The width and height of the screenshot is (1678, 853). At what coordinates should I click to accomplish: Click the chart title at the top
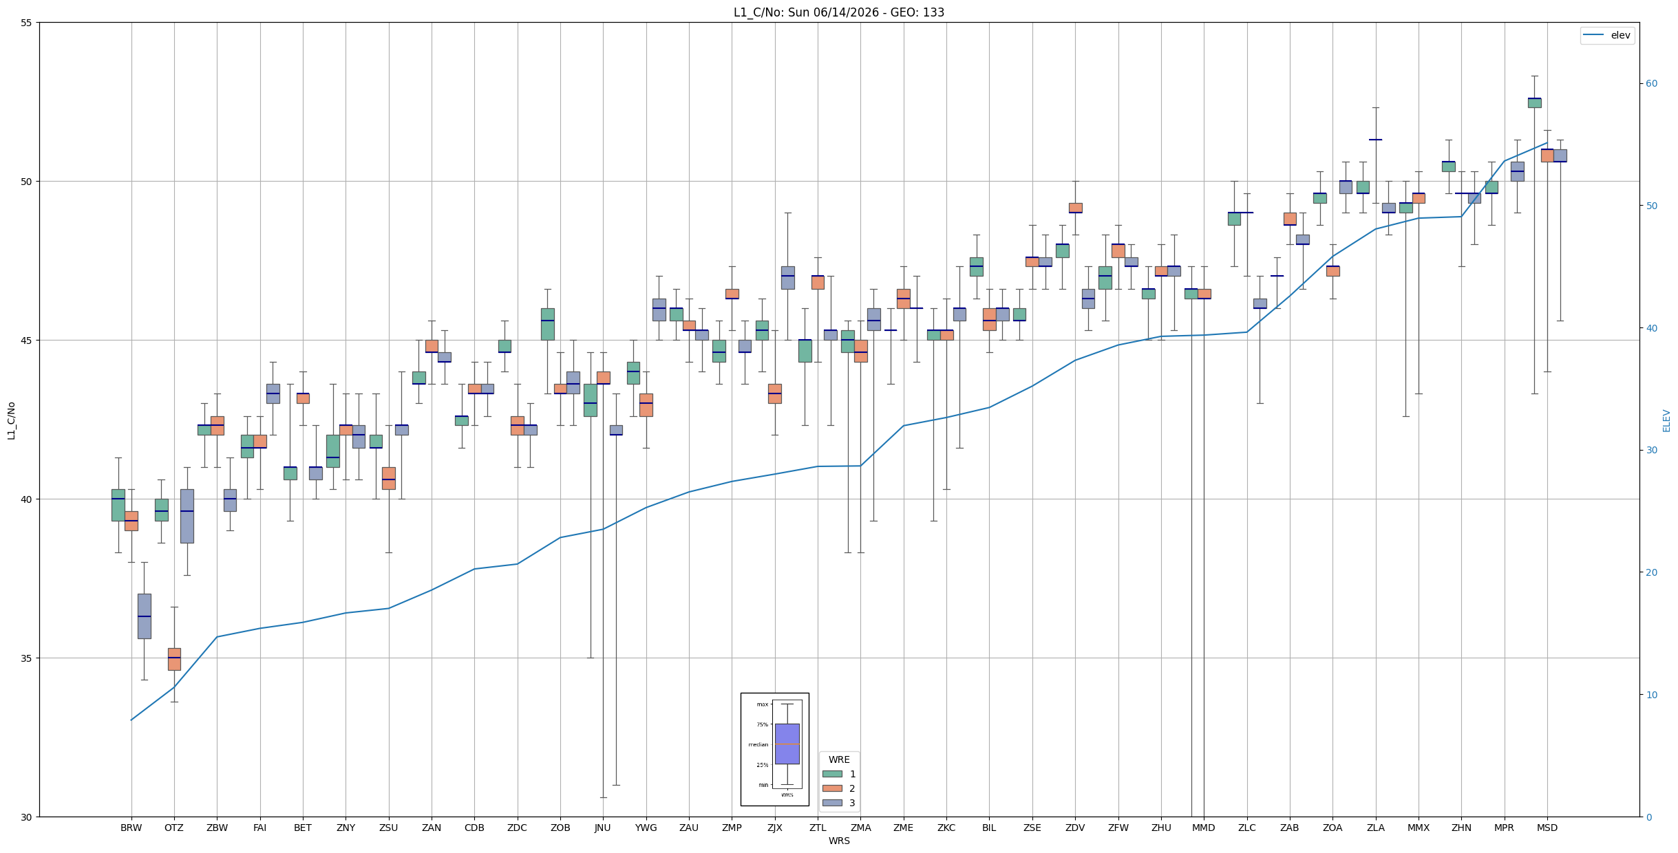(838, 12)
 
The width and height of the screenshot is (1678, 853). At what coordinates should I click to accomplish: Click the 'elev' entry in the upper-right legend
(1620, 35)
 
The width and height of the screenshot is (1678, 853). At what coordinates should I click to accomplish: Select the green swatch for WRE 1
(832, 774)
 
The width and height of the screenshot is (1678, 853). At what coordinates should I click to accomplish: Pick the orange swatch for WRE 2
(832, 788)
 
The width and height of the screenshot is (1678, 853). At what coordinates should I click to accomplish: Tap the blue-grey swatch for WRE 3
(832, 803)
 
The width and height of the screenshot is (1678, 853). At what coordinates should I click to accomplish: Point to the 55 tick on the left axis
(27, 23)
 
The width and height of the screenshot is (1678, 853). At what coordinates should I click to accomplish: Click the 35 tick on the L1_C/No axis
(27, 658)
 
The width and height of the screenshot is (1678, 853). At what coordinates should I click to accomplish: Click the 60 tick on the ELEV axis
(1651, 84)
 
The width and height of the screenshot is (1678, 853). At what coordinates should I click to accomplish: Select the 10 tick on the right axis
(1651, 695)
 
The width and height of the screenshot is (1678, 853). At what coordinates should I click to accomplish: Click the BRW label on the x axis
(131, 828)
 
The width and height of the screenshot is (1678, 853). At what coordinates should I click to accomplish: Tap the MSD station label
(1547, 828)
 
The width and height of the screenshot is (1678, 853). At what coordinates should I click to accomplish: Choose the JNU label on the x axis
(603, 828)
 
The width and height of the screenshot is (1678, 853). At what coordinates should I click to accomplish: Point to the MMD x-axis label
(1204, 828)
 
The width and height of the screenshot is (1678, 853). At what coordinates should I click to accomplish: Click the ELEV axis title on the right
(1666, 420)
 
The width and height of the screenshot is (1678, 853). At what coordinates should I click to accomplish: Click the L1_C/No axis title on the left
(11, 420)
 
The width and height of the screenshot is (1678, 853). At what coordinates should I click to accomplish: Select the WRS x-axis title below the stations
(839, 841)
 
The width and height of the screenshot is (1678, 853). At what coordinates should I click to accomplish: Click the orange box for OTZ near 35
(174, 659)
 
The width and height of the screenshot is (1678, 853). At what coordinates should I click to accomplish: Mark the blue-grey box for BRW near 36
(145, 616)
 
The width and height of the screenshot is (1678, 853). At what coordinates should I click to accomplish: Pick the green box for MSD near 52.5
(1535, 102)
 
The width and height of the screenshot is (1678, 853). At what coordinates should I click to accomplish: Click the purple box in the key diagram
(787, 744)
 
